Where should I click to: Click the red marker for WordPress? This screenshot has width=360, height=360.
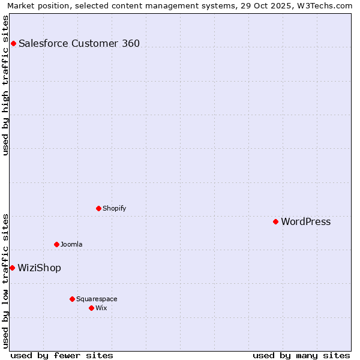(275, 222)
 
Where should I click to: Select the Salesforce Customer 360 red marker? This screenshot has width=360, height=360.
(13, 43)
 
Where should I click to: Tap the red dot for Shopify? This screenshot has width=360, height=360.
(98, 209)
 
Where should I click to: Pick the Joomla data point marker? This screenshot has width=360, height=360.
(56, 244)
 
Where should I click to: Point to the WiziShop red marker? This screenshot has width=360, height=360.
(12, 268)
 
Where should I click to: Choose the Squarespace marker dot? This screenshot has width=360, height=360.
(72, 299)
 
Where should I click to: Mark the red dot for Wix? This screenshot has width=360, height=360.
(91, 308)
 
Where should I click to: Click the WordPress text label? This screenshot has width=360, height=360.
(305, 222)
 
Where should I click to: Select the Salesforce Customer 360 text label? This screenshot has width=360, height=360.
(79, 43)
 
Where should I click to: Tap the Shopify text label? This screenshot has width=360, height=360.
(114, 209)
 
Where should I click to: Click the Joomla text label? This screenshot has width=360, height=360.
(71, 244)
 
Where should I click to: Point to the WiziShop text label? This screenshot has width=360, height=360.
(39, 268)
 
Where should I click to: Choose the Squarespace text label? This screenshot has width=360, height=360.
(97, 299)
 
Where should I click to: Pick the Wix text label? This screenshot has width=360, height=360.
(101, 308)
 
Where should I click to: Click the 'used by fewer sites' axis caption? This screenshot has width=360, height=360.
(62, 355)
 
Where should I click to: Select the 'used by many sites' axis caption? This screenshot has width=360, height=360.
(301, 355)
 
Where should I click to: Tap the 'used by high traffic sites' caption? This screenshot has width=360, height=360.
(6, 85)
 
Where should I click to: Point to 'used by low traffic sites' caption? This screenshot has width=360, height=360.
(6, 281)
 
